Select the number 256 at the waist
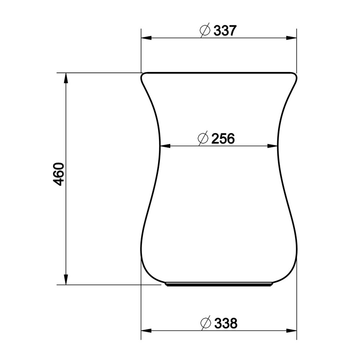point(223,138)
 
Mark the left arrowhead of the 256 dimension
point(165,146)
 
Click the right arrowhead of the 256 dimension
point(273,146)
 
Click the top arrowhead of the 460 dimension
point(66,78)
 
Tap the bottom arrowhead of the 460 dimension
point(66,280)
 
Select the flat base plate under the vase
point(218,285)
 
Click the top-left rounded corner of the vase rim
point(143,75)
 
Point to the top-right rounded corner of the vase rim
point(294,75)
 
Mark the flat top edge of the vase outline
point(218,72)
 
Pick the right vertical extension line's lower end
point(296,338)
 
